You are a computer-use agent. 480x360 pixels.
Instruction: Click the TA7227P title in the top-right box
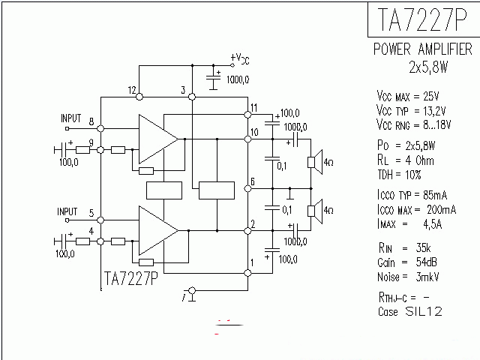[423, 19]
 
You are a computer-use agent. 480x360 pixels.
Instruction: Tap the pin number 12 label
[132, 91]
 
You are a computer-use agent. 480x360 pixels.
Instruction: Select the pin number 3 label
[182, 91]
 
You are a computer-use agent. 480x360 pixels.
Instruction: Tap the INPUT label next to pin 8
[70, 118]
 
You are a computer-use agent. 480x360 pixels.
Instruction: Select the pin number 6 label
[253, 181]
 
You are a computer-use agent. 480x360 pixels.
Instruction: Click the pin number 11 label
[255, 108]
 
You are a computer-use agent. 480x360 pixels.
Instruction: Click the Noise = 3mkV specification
[406, 275]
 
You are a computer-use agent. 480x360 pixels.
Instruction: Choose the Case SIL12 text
[409, 310]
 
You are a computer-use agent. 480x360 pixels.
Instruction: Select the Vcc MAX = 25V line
[407, 96]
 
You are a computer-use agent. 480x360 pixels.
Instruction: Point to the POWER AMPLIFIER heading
[423, 49]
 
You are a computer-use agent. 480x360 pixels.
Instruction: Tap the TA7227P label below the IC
[129, 279]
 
